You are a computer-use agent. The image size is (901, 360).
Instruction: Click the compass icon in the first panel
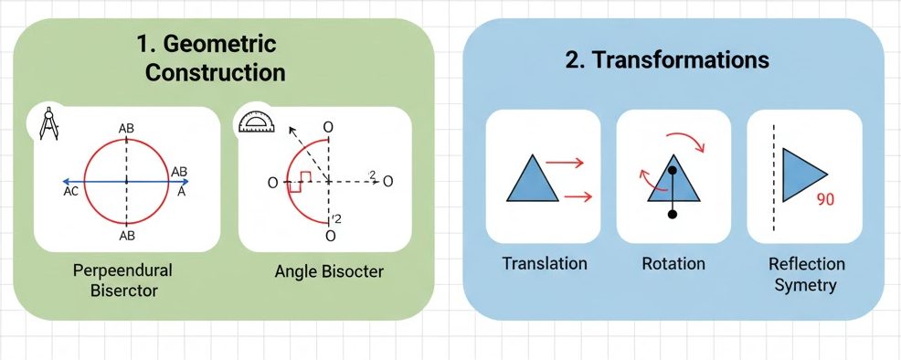[48, 122]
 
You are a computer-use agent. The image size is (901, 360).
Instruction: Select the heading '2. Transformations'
[666, 60]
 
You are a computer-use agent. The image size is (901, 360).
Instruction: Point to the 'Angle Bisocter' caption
[329, 270]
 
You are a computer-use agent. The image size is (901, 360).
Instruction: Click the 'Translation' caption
[544, 263]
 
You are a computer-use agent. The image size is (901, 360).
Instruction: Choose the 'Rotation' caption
[673, 263]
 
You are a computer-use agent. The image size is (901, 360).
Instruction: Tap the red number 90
[824, 199]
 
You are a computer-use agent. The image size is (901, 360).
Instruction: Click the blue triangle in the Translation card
[533, 177]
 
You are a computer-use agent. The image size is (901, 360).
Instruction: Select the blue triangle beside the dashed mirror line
[801, 174]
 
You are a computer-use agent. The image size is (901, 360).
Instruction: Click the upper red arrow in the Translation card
[565, 163]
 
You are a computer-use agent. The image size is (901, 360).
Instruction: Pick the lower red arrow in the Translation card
[578, 197]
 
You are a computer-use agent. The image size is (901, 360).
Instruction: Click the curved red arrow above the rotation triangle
[685, 138]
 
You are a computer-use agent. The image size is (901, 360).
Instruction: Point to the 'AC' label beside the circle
[70, 193]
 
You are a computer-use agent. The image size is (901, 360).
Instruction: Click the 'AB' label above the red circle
[126, 129]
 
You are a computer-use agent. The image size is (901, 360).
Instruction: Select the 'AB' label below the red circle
[126, 236]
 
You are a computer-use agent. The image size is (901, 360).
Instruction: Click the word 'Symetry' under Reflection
[805, 285]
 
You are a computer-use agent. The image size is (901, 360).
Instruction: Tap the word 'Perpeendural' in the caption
[123, 270]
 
